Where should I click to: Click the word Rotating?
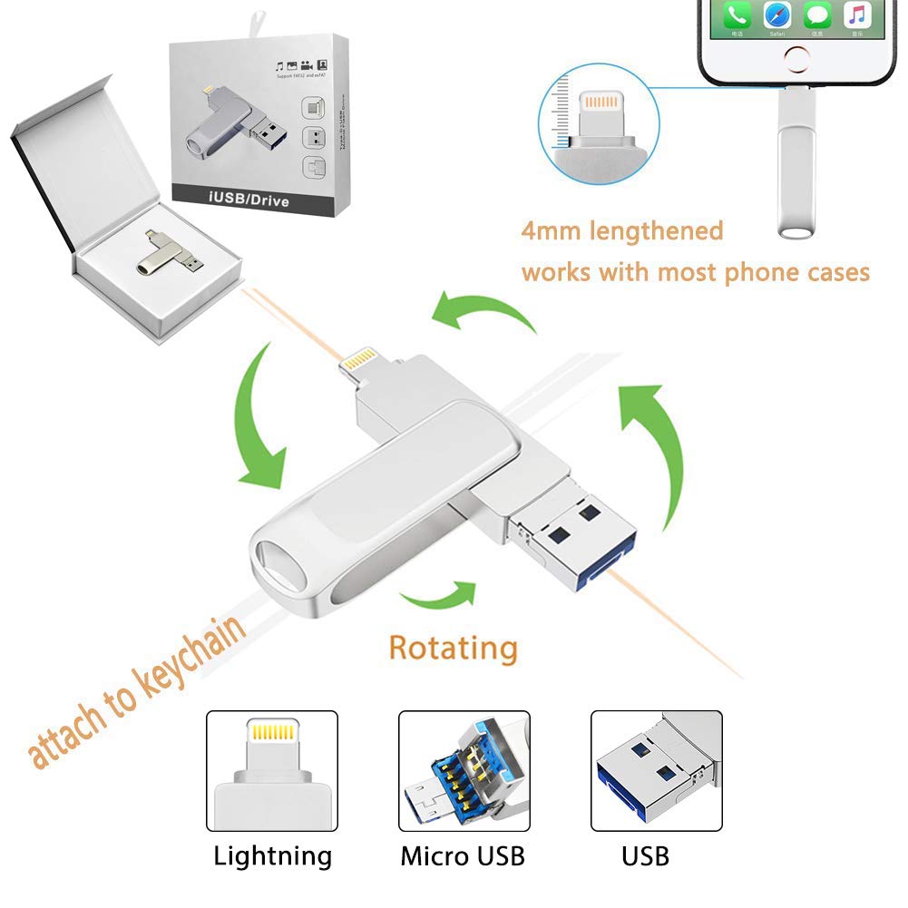(x=453, y=648)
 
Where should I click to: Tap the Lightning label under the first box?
(x=272, y=854)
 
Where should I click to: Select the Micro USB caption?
(x=463, y=854)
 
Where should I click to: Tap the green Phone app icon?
(x=737, y=15)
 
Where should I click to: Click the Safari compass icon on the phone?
(x=777, y=15)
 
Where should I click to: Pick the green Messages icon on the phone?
(x=817, y=15)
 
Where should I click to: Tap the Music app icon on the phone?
(x=857, y=15)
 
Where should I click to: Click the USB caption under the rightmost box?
(x=645, y=854)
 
